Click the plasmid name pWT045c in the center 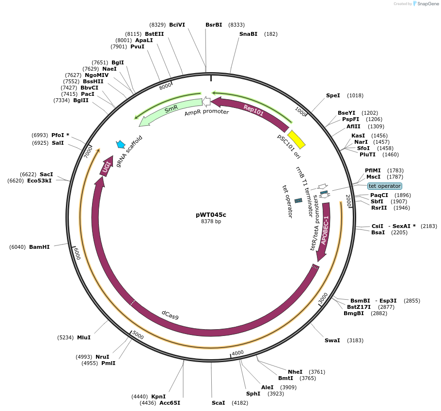point(211,214)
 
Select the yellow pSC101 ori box point(296,139)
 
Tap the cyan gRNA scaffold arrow point(121,144)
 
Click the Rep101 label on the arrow point(253,110)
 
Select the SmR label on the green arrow point(171,110)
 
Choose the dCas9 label point(170,315)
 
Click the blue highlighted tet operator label point(384,186)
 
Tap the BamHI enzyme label point(39,247)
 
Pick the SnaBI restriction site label point(248,34)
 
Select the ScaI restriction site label point(218,403)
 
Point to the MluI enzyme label point(83,337)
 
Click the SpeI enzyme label point(333,95)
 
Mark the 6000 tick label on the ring point(77,253)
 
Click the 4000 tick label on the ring point(237,353)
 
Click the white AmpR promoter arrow point(206,101)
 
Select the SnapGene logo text point(426,4)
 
